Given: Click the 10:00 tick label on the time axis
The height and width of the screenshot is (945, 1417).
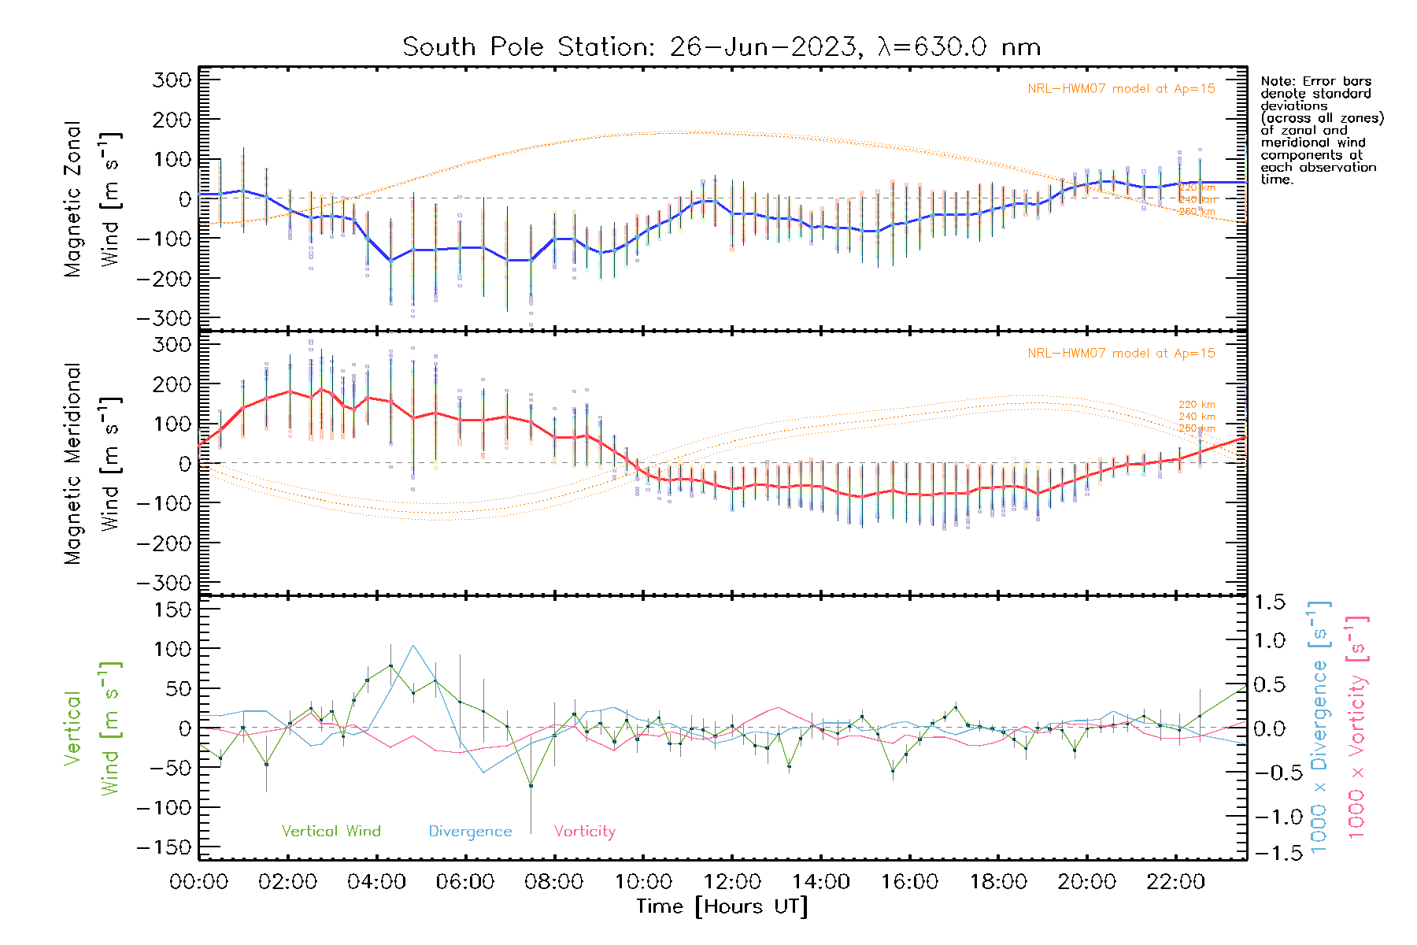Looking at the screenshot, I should [643, 882].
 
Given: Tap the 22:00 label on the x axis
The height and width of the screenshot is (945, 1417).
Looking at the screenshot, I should [1175, 882].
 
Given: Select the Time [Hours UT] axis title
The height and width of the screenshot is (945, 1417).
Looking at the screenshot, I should [722, 906].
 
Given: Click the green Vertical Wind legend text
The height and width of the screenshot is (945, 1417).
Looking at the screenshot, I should [331, 832].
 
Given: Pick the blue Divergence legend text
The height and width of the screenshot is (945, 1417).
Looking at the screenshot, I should [470, 832].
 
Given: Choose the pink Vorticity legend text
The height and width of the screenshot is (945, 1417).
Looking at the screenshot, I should [584, 832].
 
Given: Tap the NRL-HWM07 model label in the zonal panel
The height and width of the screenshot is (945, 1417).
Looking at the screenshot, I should [1121, 89].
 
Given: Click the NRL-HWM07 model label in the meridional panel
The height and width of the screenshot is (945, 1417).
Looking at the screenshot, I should [1121, 354].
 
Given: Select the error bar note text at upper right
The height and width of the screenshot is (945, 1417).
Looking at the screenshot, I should [1321, 130].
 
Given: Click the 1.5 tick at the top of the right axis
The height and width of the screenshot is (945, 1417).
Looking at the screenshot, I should [1270, 602].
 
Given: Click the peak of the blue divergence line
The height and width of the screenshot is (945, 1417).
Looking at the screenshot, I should [413, 646].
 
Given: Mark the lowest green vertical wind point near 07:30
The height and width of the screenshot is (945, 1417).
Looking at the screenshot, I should [531, 785].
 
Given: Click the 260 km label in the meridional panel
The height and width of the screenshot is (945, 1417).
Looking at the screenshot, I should [1197, 428].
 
